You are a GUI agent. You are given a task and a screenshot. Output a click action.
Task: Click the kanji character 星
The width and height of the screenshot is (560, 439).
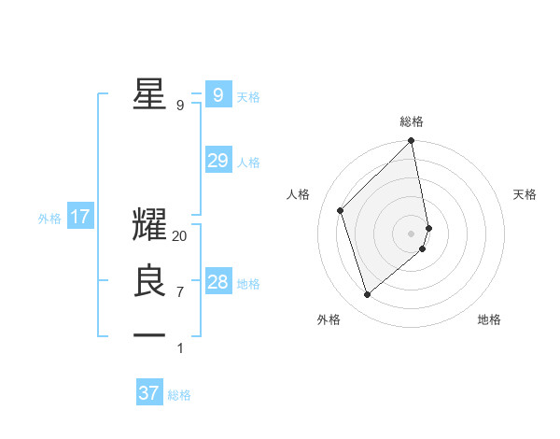(149, 93)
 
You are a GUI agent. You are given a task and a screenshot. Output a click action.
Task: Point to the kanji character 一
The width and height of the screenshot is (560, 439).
(149, 334)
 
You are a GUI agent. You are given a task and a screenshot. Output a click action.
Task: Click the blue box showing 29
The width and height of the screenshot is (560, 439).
(217, 161)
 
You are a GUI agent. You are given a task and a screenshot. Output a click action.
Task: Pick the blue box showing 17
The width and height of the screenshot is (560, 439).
(80, 218)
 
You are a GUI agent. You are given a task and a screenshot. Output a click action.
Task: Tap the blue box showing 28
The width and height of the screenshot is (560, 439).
(217, 282)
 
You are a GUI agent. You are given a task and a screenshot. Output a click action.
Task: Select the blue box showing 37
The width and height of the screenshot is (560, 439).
(148, 393)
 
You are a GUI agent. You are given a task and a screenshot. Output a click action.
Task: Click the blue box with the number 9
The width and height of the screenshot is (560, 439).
(217, 94)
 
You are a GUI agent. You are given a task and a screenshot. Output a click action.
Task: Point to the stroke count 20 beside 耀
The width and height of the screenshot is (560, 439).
(180, 236)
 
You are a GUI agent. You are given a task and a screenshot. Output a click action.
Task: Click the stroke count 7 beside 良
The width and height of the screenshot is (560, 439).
(180, 292)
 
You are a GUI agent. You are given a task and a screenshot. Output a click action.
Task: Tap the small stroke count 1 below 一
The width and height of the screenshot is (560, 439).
(180, 348)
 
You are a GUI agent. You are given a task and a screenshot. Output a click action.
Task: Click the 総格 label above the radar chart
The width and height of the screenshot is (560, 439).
(412, 121)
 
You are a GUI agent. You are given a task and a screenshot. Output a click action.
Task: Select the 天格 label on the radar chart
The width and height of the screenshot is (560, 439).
(525, 194)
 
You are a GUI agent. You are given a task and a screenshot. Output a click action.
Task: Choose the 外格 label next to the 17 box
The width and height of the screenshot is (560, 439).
(49, 219)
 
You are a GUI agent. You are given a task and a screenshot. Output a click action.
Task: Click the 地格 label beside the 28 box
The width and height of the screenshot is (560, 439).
(248, 284)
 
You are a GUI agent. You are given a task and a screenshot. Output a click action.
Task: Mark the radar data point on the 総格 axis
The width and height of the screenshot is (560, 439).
(412, 142)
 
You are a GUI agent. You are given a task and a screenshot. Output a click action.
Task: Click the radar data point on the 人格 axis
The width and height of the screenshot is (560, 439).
(341, 210)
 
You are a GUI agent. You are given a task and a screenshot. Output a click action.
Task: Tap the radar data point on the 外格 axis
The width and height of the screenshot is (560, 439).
(368, 294)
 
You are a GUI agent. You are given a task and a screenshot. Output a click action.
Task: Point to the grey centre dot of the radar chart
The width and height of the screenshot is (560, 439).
(412, 233)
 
